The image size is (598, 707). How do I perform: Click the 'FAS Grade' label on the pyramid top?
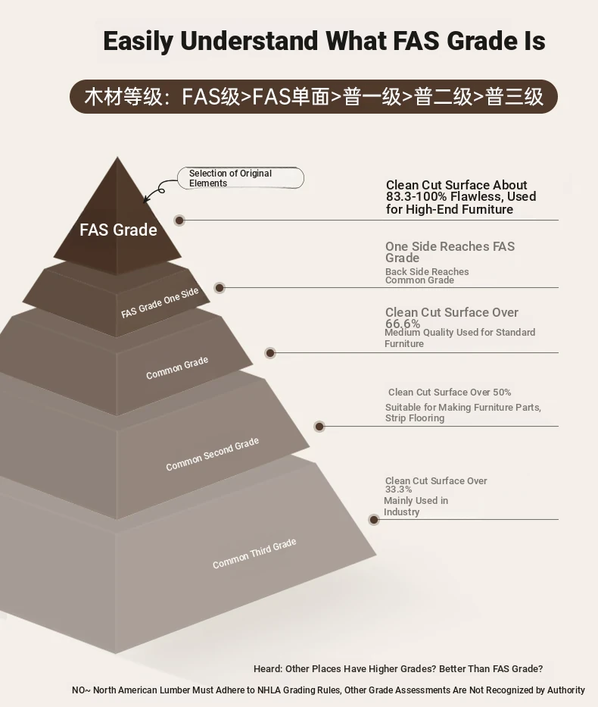[118, 230]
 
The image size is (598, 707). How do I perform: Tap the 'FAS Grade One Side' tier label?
[160, 302]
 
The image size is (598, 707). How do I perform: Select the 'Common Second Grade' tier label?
[212, 454]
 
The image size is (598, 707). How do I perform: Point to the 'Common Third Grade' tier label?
[254, 553]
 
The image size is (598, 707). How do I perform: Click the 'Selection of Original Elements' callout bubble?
[241, 178]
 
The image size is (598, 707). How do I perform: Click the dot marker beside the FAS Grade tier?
[179, 221]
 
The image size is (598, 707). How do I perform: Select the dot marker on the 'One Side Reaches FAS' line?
[220, 288]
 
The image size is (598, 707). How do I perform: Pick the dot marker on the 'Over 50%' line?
[319, 426]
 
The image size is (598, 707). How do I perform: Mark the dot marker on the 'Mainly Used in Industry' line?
[373, 520]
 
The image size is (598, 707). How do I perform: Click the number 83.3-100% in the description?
[416, 196]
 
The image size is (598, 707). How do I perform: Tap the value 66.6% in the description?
[403, 324]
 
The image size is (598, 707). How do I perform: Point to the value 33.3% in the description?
[398, 490]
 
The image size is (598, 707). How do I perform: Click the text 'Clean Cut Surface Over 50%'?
[450, 393]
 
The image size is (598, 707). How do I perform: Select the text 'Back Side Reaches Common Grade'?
[427, 276]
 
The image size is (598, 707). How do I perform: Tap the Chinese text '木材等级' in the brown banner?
[123, 96]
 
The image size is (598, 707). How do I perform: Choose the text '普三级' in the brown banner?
[514, 96]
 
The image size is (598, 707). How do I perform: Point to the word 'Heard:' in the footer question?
[267, 668]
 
